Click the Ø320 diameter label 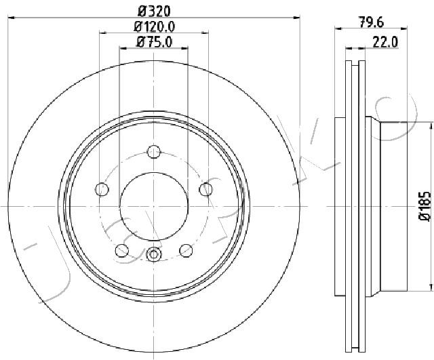pyautogui.click(x=154, y=12)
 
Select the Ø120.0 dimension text pyautogui.click(x=155, y=27)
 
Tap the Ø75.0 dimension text pyautogui.click(x=154, y=42)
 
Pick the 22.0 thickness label pyautogui.click(x=385, y=42)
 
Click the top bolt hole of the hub pyautogui.click(x=154, y=151)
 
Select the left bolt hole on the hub pyautogui.click(x=102, y=189)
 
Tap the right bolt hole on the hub pyautogui.click(x=205, y=189)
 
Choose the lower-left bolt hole pyautogui.click(x=122, y=250)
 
